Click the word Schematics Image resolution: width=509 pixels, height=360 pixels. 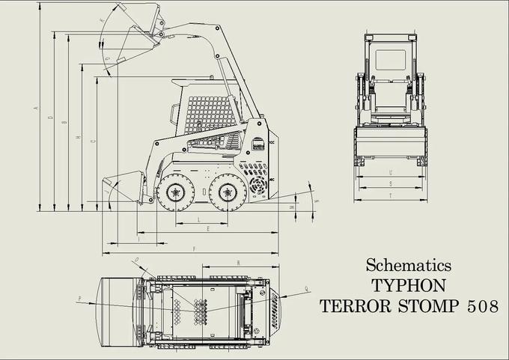point(408,265)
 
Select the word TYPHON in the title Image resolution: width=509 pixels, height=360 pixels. point(408,285)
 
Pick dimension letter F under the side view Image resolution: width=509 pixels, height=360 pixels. point(194,248)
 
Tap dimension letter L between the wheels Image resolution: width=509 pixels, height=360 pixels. point(198,219)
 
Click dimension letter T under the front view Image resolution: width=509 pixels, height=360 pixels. point(391,195)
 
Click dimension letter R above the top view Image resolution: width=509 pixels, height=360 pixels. point(237,263)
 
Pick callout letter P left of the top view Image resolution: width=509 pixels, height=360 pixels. point(79,299)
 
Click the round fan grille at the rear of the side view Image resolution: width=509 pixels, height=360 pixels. point(258,185)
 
